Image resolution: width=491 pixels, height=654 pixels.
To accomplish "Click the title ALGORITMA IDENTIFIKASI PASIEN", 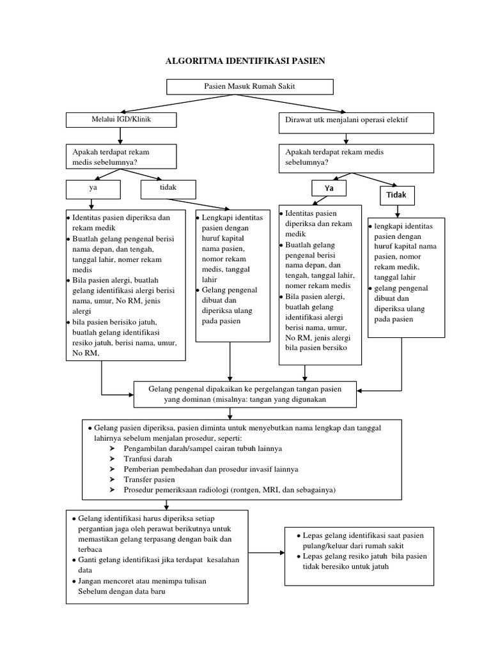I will pyautogui.click(x=245, y=61).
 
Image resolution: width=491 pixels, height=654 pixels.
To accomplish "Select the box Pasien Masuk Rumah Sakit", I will pyautogui.click(x=249, y=86).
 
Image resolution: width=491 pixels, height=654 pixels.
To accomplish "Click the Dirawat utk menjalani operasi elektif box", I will pyautogui.click(x=356, y=123).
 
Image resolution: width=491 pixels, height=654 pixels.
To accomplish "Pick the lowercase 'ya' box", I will pyautogui.click(x=93, y=188).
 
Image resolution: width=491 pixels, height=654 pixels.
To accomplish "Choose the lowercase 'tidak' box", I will pyautogui.click(x=168, y=188).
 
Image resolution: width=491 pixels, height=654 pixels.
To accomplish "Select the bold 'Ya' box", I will pyautogui.click(x=329, y=188).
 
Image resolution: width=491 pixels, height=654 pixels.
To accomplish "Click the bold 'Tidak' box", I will pyautogui.click(x=397, y=194).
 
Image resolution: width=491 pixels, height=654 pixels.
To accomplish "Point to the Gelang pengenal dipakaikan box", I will pyautogui.click(x=245, y=394).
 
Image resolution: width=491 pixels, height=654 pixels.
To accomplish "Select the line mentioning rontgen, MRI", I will pyautogui.click(x=230, y=489).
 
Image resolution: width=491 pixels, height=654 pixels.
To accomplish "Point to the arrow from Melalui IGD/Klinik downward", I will pyautogui.click(x=120, y=135).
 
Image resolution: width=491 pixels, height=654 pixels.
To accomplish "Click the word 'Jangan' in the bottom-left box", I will pyautogui.click(x=91, y=581).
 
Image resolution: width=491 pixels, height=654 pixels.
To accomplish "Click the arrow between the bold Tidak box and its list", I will pyautogui.click(x=397, y=210).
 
